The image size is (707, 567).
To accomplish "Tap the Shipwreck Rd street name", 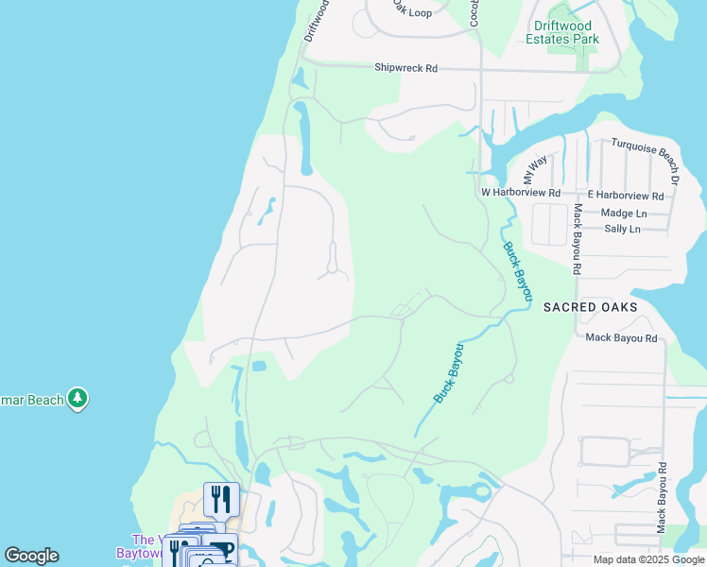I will [x=406, y=68].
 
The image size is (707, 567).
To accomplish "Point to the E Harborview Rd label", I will [x=626, y=196].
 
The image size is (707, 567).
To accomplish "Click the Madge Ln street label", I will [x=623, y=214].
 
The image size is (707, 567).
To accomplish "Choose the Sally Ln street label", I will [x=621, y=229].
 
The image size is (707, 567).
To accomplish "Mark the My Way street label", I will [x=535, y=170].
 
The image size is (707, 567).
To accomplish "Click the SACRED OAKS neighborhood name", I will [x=590, y=307].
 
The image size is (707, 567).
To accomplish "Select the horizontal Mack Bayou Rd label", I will [x=621, y=337].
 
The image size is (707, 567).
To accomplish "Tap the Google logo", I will [x=31, y=556].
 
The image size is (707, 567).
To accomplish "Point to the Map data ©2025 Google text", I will [x=648, y=559].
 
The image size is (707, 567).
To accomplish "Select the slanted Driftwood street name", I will [x=317, y=19].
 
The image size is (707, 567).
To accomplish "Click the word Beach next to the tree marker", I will [x=43, y=400].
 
